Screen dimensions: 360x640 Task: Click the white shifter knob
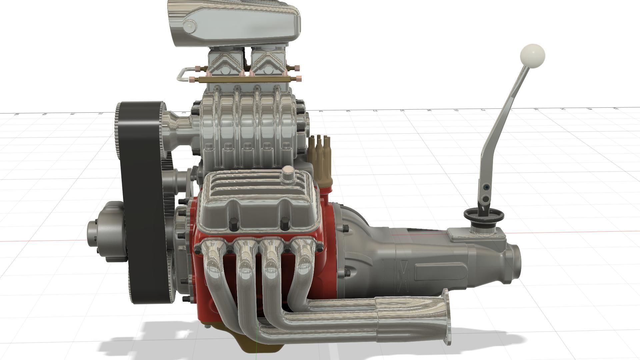[532, 56]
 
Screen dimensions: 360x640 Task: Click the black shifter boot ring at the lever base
[483, 215]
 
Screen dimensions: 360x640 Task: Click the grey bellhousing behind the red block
[353, 240]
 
